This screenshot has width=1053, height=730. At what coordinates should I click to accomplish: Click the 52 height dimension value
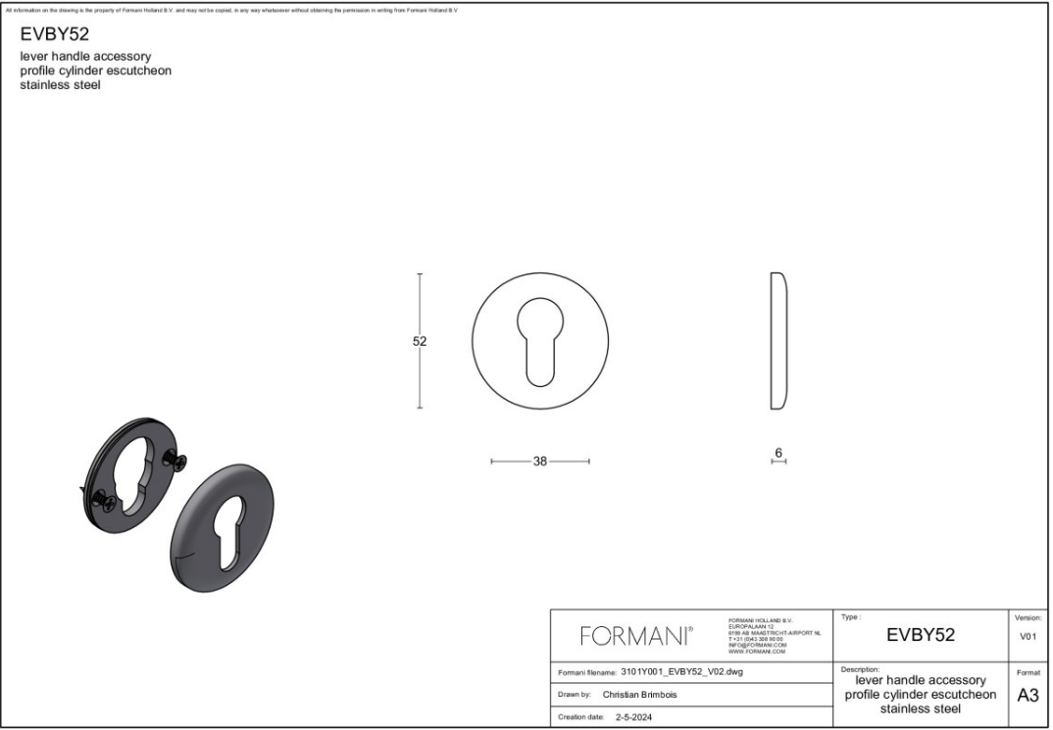[x=420, y=341]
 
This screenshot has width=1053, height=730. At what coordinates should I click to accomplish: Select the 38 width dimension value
[x=540, y=462]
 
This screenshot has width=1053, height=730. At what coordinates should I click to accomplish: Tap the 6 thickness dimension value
[x=778, y=453]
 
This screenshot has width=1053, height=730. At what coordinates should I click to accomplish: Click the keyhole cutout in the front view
[x=539, y=338]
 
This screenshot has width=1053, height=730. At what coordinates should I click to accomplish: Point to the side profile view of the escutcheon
[x=779, y=340]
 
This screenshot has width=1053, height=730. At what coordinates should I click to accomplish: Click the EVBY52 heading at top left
[x=55, y=35]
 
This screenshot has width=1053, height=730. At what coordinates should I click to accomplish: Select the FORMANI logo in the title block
[x=638, y=637]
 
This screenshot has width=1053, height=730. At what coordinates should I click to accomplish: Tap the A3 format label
[x=1028, y=696]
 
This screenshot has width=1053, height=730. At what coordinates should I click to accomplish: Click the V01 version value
[x=1028, y=637]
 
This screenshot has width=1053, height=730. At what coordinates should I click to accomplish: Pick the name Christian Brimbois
[x=639, y=695]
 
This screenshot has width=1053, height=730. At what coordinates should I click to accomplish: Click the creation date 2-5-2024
[x=634, y=717]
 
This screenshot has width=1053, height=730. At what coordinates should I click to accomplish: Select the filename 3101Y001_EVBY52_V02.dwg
[x=682, y=672]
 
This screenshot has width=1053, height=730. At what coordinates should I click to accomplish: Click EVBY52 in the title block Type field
[x=920, y=635]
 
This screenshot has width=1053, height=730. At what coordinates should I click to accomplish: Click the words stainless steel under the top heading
[x=61, y=85]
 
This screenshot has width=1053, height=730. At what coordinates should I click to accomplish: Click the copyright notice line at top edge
[x=231, y=10]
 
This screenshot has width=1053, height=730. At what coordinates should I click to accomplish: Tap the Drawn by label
[x=575, y=695]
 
